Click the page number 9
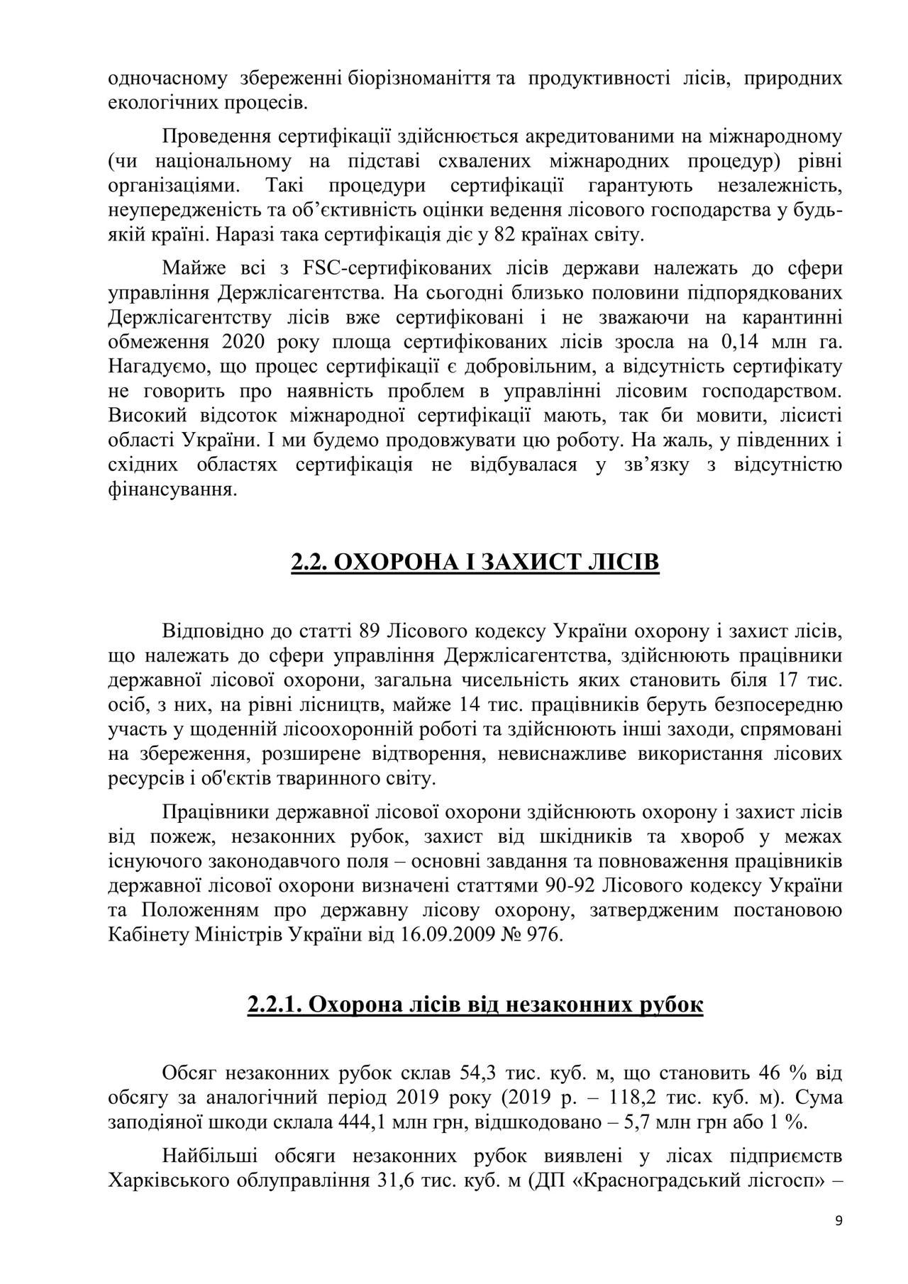pyautogui.click(x=839, y=1241)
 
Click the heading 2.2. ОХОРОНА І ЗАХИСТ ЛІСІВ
pyautogui.click(x=475, y=563)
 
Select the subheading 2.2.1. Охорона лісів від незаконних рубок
pyautogui.click(x=475, y=1005)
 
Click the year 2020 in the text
pyautogui.click(x=243, y=342)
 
